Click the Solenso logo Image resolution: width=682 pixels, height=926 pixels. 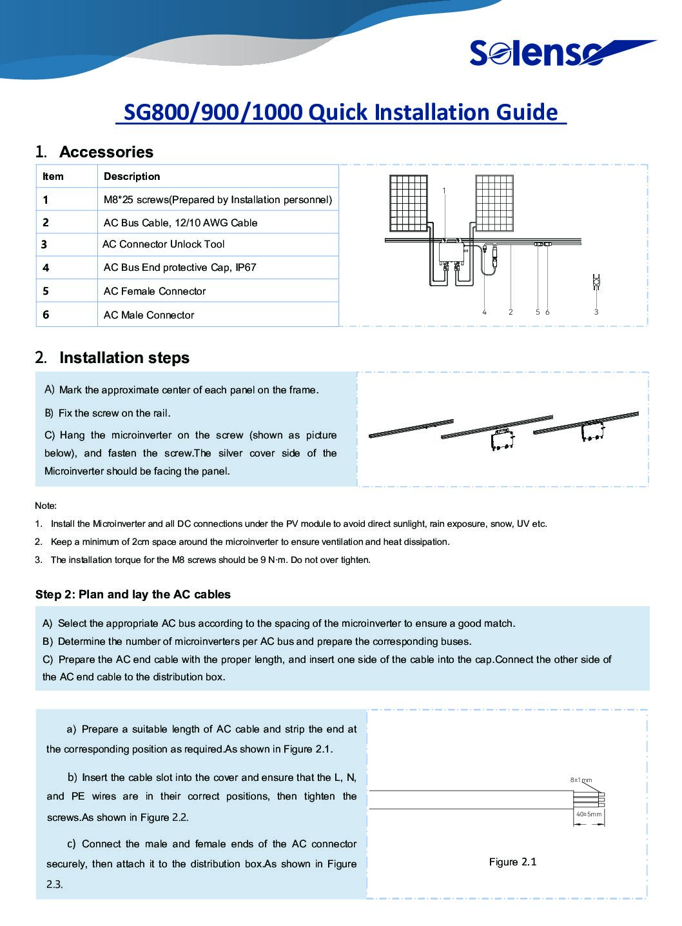(x=561, y=53)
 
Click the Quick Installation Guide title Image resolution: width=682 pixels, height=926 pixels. (x=340, y=112)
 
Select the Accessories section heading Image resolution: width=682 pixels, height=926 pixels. (x=94, y=152)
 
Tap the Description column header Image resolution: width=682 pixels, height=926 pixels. (x=132, y=177)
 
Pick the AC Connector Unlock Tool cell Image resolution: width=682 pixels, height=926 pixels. (x=164, y=244)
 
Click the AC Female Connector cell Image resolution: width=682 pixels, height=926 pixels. (x=155, y=291)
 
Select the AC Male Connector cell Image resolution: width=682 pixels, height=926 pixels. (x=149, y=315)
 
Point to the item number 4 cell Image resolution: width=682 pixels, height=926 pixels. (x=46, y=268)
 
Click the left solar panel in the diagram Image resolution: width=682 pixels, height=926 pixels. (x=408, y=202)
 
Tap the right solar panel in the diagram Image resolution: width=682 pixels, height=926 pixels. (x=494, y=202)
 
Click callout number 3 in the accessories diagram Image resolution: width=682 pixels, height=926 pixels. (x=596, y=312)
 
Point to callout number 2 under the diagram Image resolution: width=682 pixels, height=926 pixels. (x=511, y=312)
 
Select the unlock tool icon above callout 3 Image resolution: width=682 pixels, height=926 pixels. (x=596, y=282)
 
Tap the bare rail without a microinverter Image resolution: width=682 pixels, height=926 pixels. (x=411, y=428)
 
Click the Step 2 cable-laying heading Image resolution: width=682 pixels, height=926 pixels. (x=133, y=595)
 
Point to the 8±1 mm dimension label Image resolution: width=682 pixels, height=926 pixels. (x=581, y=780)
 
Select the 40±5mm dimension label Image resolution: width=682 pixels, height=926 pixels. (x=589, y=814)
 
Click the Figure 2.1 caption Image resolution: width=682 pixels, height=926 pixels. (x=512, y=862)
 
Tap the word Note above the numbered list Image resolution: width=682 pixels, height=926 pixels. (x=46, y=506)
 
